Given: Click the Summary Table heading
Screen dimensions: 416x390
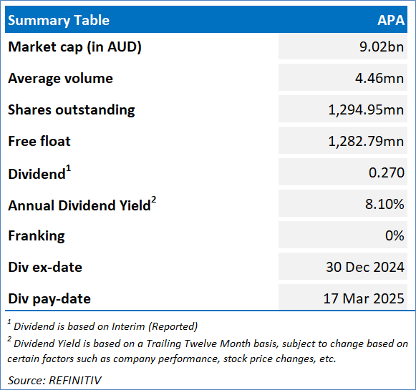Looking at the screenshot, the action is tap(59, 21).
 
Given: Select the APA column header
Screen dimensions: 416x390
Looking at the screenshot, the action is tap(391, 21).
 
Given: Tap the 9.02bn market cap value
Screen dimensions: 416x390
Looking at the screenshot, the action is tap(382, 47).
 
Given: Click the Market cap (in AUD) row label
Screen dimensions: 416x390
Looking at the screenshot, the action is tap(74, 47).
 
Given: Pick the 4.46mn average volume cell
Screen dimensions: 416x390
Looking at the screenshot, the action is tap(379, 78).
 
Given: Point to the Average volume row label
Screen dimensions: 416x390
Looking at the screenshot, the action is tap(60, 78).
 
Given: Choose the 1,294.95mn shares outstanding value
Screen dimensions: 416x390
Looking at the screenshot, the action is tap(366, 109).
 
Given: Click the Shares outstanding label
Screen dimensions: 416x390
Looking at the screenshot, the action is tap(72, 109).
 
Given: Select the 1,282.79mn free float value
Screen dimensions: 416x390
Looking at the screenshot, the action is tap(366, 141).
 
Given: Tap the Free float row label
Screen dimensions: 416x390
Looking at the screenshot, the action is tap(39, 141).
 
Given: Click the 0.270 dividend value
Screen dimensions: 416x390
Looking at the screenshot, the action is tap(387, 172).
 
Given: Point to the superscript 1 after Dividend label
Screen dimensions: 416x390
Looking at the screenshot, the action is tap(69, 168).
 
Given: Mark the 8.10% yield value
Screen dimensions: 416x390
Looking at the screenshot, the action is tap(384, 204).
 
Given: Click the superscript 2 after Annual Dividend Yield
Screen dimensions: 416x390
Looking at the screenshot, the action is tap(154, 200).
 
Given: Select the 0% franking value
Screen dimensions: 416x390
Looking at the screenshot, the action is tap(395, 235).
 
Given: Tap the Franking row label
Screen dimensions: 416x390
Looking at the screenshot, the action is tap(37, 236).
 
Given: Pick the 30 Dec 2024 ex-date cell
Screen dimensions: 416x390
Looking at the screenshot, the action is tap(365, 267).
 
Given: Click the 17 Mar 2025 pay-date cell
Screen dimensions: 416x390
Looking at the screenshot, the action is tap(364, 298).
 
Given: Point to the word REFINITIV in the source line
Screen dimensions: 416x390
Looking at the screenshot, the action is tap(75, 381).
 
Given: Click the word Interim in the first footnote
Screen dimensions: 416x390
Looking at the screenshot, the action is tap(128, 326).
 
